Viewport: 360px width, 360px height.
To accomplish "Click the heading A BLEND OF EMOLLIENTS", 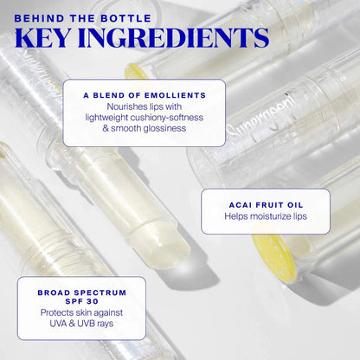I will click(x=144, y=94).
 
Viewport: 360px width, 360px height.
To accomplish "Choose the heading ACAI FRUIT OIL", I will click(x=265, y=204).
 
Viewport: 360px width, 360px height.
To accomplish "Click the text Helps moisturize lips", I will click(x=265, y=216).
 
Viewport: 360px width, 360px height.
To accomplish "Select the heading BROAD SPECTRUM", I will click(x=80, y=292).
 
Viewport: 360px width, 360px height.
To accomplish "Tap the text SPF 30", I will click(x=80, y=303).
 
